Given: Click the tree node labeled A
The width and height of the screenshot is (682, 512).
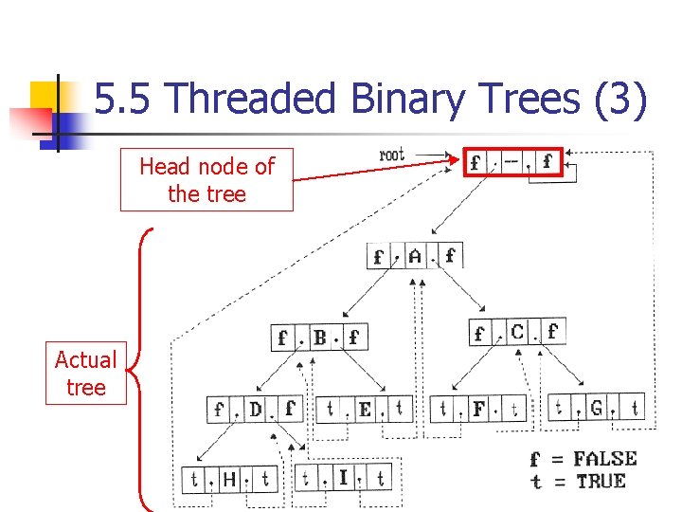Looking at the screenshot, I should coord(415,255).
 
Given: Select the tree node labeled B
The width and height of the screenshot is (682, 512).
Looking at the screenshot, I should coord(319,337).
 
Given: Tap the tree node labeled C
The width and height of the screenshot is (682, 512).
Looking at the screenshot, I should coord(517,332).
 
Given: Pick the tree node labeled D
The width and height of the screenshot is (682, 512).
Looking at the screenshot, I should coord(255,410).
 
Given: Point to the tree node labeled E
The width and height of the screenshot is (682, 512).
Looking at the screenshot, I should coord(364,410).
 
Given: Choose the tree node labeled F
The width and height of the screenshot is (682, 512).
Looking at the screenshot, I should coord(478,410).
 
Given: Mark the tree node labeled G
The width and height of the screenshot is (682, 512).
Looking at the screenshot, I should coord(596,409).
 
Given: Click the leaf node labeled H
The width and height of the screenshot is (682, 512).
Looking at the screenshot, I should coord(228,479).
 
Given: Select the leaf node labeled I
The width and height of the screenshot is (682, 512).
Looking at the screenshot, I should coord(343,477).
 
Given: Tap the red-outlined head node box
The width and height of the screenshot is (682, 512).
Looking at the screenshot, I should coord(511,162).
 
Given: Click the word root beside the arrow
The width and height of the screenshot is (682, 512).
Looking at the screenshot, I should coord(391,155).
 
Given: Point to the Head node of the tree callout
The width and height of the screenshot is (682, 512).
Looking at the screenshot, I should coord(206,180).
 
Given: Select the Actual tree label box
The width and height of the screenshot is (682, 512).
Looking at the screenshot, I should coord(85,374).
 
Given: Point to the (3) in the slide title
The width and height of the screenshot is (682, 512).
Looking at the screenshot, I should coord(620,100).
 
